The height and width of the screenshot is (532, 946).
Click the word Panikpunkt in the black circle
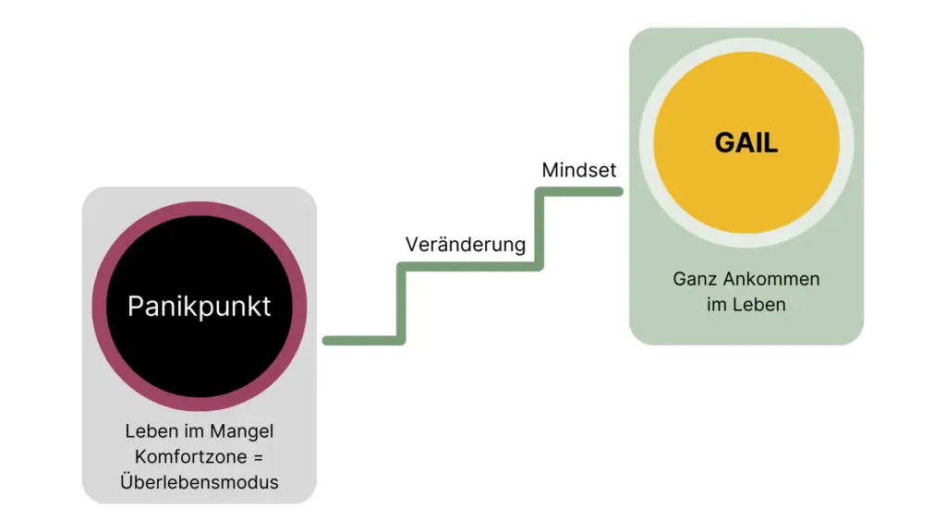point(200,307)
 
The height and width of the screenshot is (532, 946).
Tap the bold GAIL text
point(746,143)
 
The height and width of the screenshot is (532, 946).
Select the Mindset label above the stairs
point(579,170)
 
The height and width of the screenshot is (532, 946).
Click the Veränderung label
point(466,245)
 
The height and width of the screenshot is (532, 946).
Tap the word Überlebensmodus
point(200,481)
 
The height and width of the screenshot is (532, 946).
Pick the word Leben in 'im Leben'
point(758,304)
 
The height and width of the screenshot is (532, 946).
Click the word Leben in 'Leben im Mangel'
point(152,431)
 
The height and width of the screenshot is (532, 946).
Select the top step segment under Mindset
point(580,192)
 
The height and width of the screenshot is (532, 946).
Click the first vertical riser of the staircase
point(401,304)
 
